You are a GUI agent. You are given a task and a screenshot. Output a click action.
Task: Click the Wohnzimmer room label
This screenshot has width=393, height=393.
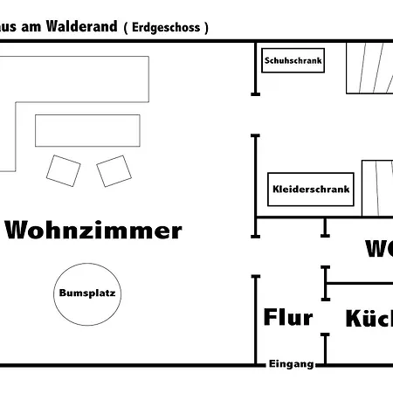click(93, 231)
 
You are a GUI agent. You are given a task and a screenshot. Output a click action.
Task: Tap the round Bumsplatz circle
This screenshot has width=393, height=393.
click(86, 293)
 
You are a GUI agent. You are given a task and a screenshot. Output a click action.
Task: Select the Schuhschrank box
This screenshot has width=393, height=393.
click(293, 61)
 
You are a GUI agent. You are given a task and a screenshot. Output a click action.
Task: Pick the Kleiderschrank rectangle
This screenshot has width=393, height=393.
click(311, 189)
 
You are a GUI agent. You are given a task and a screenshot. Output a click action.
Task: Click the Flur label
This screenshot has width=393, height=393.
click(287, 317)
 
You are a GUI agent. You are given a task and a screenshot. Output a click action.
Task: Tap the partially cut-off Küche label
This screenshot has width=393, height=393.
click(368, 318)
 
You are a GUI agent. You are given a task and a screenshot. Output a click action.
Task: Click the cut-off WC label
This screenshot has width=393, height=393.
click(378, 249)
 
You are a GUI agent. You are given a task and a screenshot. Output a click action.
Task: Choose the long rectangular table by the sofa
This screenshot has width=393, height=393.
click(87, 130)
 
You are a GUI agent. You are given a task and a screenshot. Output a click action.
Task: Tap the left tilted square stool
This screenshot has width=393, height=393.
click(63, 169)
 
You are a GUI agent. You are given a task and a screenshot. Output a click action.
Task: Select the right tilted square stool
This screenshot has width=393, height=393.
click(113, 170)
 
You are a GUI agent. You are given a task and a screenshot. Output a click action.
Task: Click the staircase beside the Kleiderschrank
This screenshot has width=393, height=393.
click(376, 187)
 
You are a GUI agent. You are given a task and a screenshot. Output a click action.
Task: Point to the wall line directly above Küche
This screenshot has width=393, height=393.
click(358, 282)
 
